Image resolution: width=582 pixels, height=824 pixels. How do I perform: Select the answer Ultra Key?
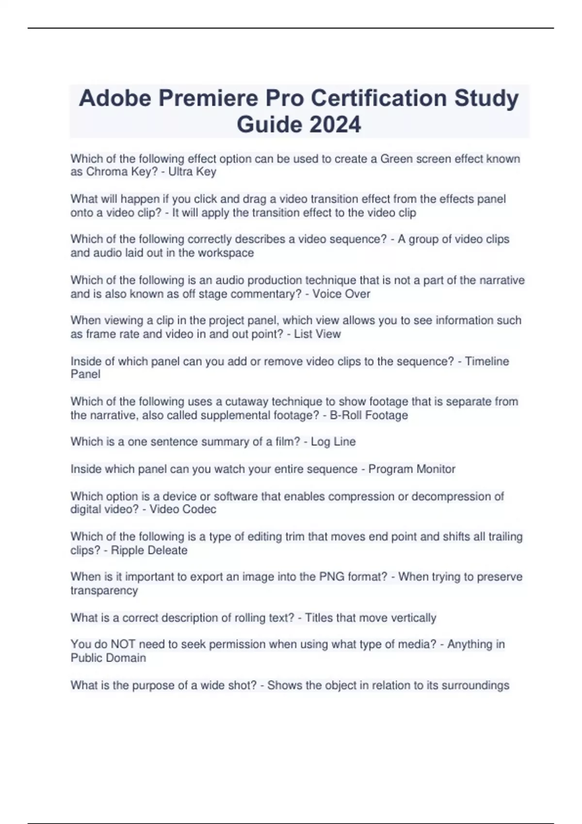(x=192, y=172)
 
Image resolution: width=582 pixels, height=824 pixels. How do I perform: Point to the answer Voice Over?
(x=341, y=294)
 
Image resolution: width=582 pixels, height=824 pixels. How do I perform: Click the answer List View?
(x=317, y=334)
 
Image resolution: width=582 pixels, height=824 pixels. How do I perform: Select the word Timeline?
(x=487, y=361)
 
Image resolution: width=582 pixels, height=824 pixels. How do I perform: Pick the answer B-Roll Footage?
(x=369, y=415)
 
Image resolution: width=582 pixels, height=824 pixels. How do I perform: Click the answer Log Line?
(x=333, y=442)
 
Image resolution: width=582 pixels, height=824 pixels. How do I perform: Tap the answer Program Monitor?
(x=412, y=469)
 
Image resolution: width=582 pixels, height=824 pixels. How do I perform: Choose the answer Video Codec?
(x=183, y=509)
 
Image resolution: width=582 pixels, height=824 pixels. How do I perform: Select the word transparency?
(x=104, y=590)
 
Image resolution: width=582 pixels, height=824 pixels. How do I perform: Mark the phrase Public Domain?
(x=108, y=658)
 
